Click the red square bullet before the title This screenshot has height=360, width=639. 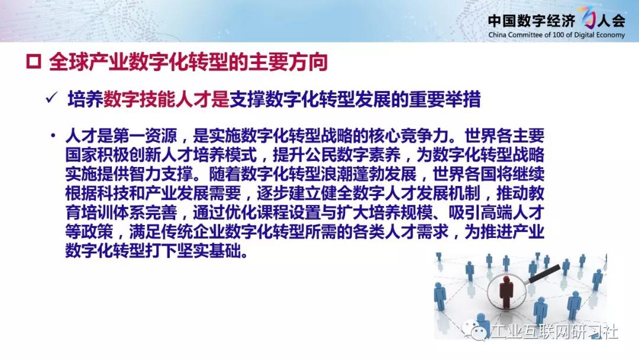tap(33, 62)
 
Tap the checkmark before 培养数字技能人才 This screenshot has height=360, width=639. tap(51, 98)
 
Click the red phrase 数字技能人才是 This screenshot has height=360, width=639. tap(166, 99)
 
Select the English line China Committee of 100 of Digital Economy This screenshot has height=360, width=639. tap(556, 35)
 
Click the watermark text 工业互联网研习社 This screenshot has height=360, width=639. tap(554, 331)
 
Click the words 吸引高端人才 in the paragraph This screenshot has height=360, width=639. tap(496, 213)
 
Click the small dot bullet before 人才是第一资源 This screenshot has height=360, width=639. tap(53, 135)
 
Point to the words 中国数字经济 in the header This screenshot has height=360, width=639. tap(531, 20)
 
